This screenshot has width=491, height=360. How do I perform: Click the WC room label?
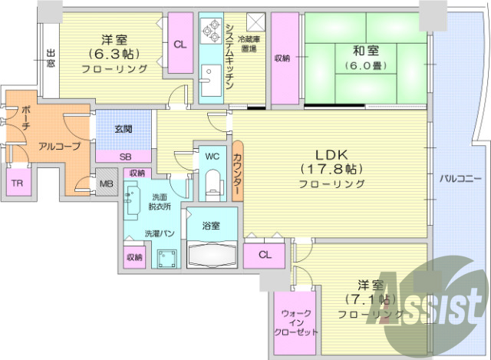coord(212,156)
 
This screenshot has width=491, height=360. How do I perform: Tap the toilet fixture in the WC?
coord(213,183)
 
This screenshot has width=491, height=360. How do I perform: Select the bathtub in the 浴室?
coord(211,253)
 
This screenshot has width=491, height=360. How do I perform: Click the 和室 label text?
coord(365,51)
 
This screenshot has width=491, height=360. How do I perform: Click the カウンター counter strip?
coord(237,172)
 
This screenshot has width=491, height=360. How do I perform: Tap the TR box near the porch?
coord(16,183)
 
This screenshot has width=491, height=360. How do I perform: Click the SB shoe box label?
coord(125,156)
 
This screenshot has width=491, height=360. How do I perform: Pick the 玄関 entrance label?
coord(124,129)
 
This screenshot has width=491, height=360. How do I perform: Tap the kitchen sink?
coord(209,80)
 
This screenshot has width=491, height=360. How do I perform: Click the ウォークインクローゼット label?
coord(295,322)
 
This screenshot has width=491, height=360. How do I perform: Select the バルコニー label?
coord(460,179)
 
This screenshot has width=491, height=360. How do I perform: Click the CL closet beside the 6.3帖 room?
coord(180,45)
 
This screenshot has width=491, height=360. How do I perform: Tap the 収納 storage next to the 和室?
coord(282,58)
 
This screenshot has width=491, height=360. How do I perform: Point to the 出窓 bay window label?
coord(51,58)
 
